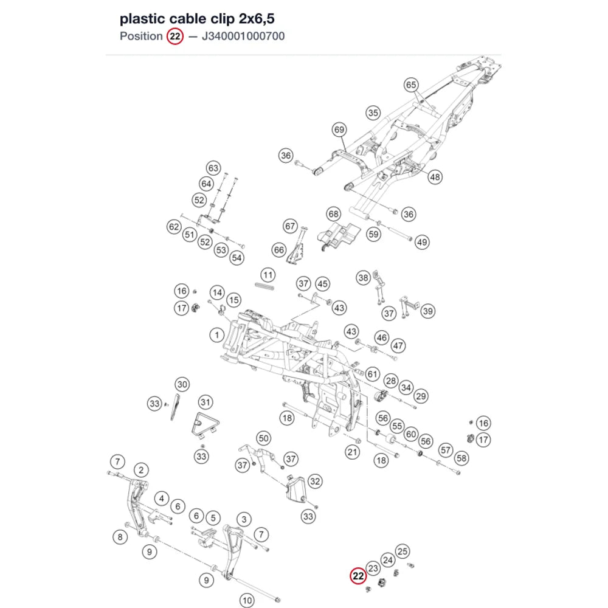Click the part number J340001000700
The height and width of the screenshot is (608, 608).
pyautogui.click(x=243, y=36)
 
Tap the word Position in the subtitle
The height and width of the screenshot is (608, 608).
pyautogui.click(x=141, y=36)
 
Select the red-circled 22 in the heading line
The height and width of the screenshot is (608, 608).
pyautogui.click(x=175, y=36)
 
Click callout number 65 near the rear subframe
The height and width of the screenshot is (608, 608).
pyautogui.click(x=411, y=85)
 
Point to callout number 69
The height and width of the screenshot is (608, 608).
pyautogui.click(x=339, y=130)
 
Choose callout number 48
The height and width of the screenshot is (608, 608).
pyautogui.click(x=435, y=177)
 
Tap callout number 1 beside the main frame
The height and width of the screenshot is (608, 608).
pyautogui.click(x=217, y=334)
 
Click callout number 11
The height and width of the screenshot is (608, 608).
pyautogui.click(x=268, y=275)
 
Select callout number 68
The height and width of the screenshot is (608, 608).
pyautogui.click(x=333, y=213)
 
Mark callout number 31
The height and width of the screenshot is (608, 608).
pyautogui.click(x=206, y=402)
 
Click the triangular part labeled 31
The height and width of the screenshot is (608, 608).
pyautogui.click(x=205, y=425)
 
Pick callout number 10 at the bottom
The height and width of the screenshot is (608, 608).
pyautogui.click(x=247, y=600)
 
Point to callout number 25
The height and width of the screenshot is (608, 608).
pyautogui.click(x=402, y=551)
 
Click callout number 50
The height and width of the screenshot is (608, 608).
pyautogui.click(x=263, y=438)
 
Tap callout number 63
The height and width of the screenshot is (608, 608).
pyautogui.click(x=213, y=168)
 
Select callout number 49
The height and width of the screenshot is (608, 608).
pyautogui.click(x=422, y=243)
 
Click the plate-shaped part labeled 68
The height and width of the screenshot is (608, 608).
pyautogui.click(x=339, y=235)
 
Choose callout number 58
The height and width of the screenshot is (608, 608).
pyautogui.click(x=461, y=458)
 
